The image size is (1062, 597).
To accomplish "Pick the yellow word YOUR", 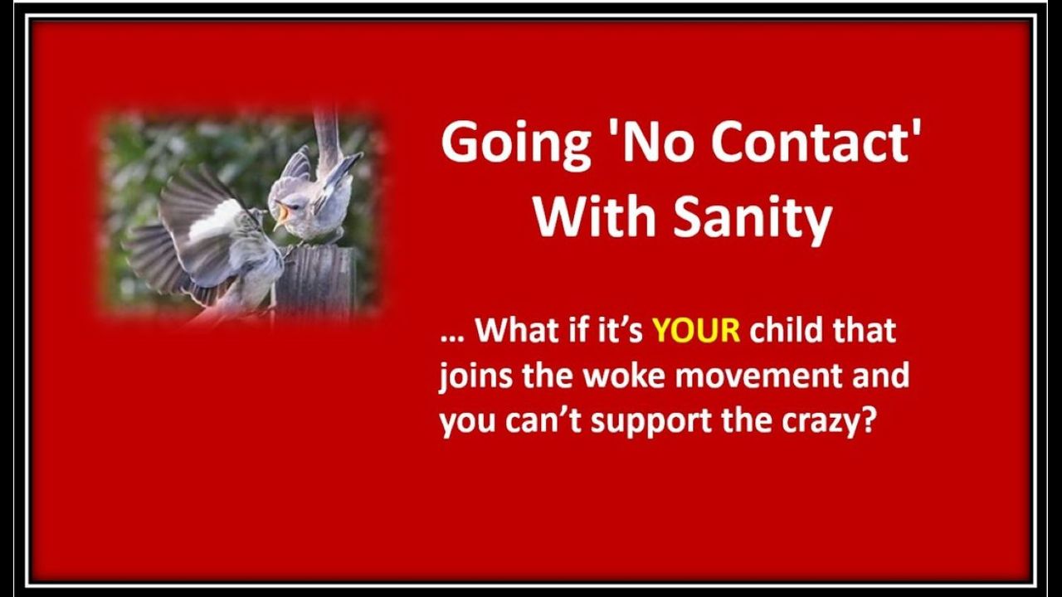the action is (x=696, y=330).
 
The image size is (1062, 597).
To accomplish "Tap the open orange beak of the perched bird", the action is (x=283, y=216).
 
